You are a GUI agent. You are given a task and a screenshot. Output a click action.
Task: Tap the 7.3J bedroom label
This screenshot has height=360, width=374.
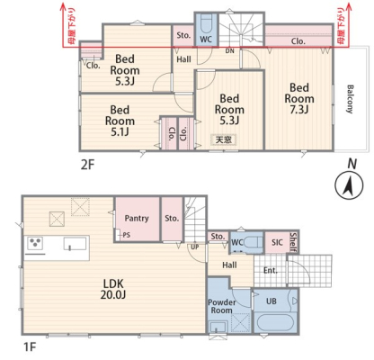[299, 99]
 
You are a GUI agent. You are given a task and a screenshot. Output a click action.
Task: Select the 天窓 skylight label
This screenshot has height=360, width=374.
[224, 139]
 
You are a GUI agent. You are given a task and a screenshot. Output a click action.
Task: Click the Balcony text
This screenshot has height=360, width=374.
[350, 99]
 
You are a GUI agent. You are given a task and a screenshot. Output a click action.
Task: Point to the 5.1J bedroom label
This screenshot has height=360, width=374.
[120, 121]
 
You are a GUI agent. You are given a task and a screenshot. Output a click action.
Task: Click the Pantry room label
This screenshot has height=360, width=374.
[137, 218]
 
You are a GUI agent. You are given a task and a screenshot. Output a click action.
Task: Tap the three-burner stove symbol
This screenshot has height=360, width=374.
[35, 243]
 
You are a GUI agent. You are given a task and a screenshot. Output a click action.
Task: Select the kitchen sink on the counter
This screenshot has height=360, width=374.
[76, 243]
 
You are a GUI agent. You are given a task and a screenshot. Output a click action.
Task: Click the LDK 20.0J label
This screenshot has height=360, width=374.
[113, 289]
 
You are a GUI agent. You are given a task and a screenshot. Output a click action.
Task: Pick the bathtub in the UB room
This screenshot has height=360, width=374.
[275, 322]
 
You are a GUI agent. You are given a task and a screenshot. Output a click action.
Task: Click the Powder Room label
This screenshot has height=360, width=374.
[222, 306]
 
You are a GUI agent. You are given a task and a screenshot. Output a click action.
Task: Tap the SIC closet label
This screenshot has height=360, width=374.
[277, 242]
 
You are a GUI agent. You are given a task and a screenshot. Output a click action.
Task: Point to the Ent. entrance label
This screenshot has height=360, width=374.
[271, 271]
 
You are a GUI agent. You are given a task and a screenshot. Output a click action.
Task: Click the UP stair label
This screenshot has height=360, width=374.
[195, 247]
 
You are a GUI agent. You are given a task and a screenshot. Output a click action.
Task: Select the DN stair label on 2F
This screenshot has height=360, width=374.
[230, 51]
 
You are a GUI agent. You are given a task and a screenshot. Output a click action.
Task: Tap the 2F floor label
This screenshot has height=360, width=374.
[87, 165]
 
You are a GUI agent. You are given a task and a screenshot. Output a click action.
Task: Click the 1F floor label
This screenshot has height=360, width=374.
[30, 347]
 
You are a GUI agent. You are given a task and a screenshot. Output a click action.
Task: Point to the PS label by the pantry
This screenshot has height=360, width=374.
[127, 235]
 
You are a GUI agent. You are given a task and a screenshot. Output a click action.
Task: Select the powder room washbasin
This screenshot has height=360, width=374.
[218, 327]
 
